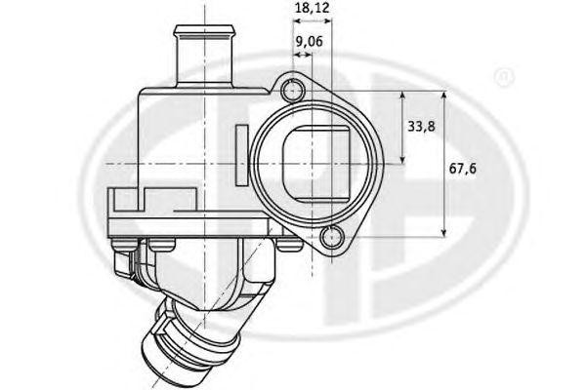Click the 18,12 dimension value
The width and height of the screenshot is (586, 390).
pos(312,8)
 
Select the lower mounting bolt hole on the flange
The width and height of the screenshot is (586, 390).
pos(333,235)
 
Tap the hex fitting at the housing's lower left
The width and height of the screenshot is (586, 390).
pos(127,258)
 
